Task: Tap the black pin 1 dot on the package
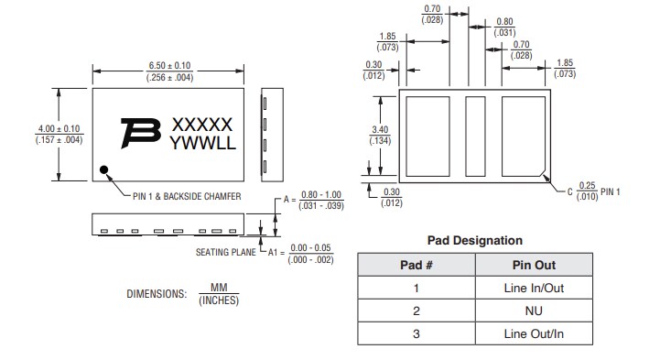click(105, 169)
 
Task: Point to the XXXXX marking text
click(202, 125)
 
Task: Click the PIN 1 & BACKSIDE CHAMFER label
click(189, 196)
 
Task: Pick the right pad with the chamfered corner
click(525, 135)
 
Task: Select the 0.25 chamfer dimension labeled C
click(587, 191)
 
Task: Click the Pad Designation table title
click(475, 240)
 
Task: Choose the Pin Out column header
click(534, 266)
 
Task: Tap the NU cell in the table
click(534, 311)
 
